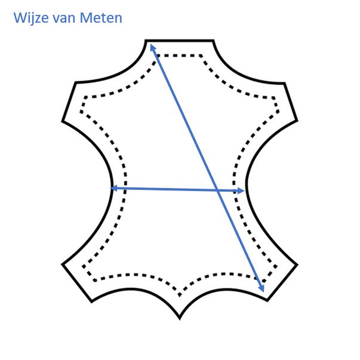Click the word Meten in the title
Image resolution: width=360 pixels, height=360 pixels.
tap(101, 18)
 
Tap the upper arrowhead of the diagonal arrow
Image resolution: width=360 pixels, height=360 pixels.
tap(152, 47)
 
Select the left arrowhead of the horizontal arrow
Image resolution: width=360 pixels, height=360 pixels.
tap(114, 188)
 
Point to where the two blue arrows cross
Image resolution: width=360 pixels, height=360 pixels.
tap(217, 190)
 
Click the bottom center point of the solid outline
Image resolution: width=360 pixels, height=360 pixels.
tap(180, 319)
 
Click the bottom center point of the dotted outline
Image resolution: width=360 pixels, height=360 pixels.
tap(180, 296)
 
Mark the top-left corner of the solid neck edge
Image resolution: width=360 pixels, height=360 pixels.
tap(146, 41)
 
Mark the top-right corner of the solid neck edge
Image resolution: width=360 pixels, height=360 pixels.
tap(214, 41)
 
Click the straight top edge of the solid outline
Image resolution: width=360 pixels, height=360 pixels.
tap(180, 41)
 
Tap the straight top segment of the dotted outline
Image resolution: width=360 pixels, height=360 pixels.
tap(179, 56)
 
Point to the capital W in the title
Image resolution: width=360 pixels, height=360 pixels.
tap(20, 18)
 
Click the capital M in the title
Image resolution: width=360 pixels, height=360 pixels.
tap(86, 18)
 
